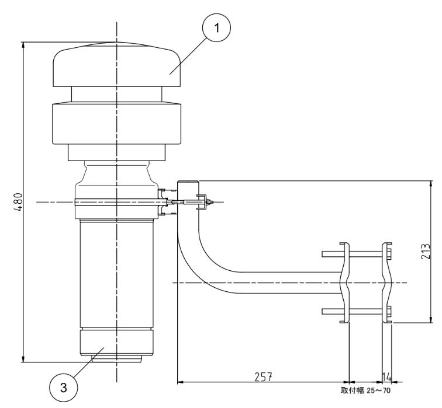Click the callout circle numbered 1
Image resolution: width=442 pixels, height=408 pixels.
tap(216, 28)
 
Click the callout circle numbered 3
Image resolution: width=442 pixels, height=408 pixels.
tap(63, 388)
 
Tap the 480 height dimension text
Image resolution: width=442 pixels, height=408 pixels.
tap(18, 202)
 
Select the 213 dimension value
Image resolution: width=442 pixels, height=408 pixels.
tap(426, 252)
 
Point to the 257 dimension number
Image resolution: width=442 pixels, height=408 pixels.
tap(263, 377)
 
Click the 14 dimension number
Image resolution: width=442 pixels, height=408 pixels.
tap(387, 377)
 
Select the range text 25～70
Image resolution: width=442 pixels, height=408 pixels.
tap(379, 391)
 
